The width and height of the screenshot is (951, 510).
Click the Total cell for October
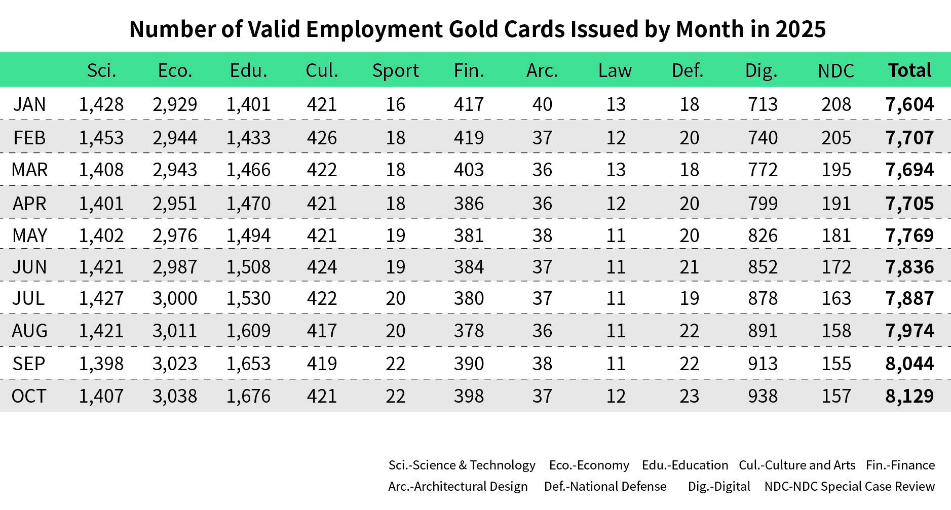pos(909,396)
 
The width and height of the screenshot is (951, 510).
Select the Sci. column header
pos(101,70)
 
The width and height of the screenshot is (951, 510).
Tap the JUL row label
pos(29,298)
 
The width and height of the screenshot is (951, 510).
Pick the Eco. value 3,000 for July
pos(175,298)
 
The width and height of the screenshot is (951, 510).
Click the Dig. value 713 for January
pos(763,104)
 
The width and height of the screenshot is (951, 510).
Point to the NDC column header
pos(836,71)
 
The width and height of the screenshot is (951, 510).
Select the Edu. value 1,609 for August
pos(248,331)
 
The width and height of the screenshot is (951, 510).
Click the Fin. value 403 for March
pos(469,170)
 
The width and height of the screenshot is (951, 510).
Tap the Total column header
pos(909,70)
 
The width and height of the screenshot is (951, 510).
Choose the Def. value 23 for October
pos(689,396)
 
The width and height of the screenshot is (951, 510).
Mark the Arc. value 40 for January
pos(542,104)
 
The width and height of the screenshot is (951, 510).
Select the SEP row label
pos(29,364)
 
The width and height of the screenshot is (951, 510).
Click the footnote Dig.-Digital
pos(719,487)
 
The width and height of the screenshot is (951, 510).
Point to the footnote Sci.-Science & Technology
pos(462,465)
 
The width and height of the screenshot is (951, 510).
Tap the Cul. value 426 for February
pos(322,138)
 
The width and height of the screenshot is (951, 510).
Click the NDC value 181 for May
pos(836,236)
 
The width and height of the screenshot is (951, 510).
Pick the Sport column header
pos(395,70)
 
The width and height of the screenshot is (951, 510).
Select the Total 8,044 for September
pos(909,364)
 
